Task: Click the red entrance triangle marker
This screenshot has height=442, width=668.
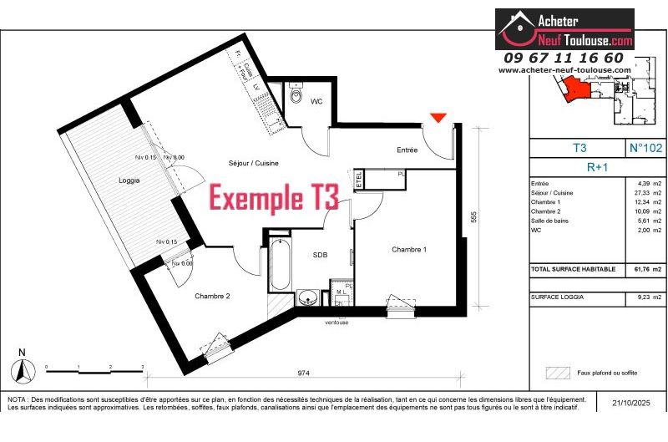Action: pyautogui.click(x=439, y=118)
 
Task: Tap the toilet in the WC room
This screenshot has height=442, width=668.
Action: pyautogui.click(x=296, y=98)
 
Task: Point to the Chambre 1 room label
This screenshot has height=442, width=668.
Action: pyautogui.click(x=409, y=250)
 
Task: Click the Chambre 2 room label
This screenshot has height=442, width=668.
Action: pyautogui.click(x=212, y=296)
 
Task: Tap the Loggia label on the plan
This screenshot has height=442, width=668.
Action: pyautogui.click(x=129, y=180)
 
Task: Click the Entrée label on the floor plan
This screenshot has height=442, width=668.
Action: pyautogui.click(x=407, y=150)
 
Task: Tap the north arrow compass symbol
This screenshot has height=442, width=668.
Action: pyautogui.click(x=23, y=367)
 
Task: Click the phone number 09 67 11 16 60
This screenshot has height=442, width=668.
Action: pyautogui.click(x=564, y=58)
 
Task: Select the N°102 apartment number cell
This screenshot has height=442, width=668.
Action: pyautogui.click(x=645, y=148)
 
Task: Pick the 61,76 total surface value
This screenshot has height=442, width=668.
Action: pyautogui.click(x=639, y=270)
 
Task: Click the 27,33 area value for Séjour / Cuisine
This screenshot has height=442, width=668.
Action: pyautogui.click(x=639, y=192)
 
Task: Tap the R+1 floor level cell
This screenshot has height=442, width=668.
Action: pyautogui.click(x=597, y=166)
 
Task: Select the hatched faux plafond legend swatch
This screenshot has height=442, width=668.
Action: pyautogui.click(x=556, y=373)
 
